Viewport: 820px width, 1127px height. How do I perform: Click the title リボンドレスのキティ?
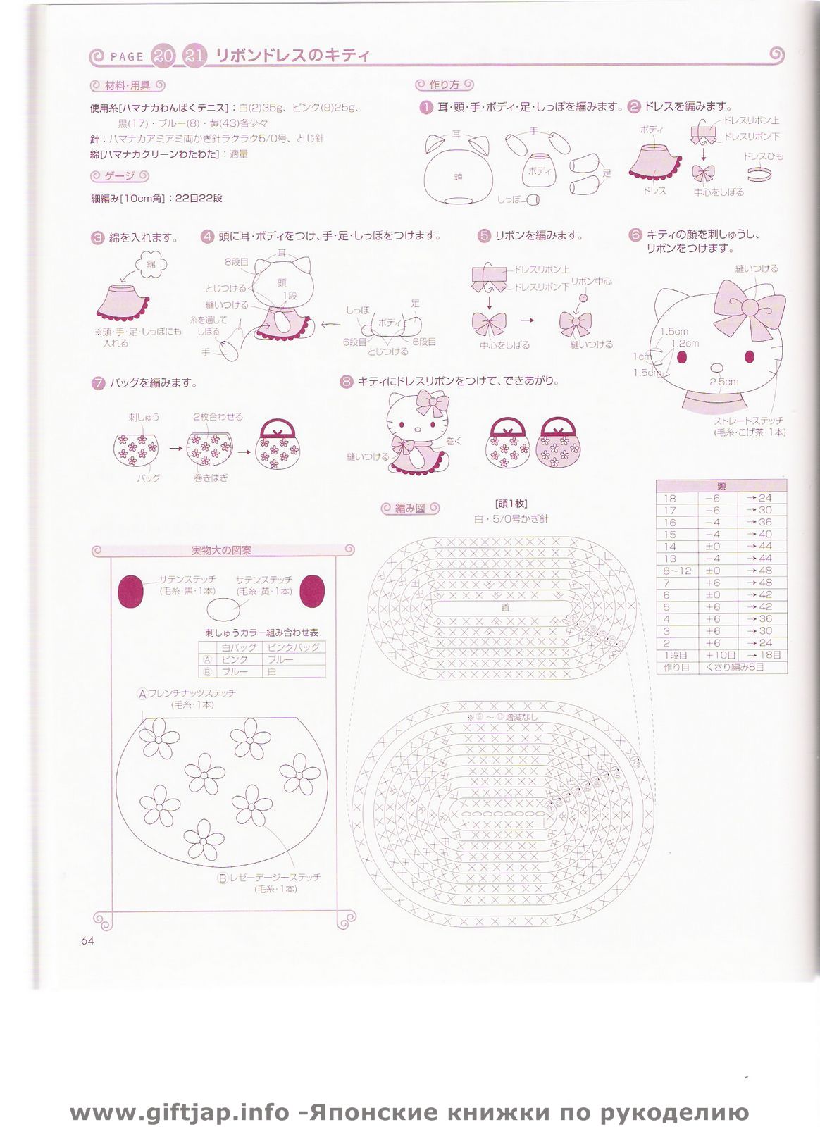click(x=292, y=56)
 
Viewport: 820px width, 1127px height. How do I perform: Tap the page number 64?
click(x=87, y=940)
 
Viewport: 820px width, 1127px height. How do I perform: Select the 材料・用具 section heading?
click(x=128, y=86)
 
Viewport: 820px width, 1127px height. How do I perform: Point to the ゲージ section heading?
click(x=120, y=175)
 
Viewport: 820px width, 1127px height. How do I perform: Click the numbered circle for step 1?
click(x=425, y=107)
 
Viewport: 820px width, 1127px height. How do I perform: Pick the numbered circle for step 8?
click(x=346, y=382)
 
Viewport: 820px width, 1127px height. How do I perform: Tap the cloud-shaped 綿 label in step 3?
click(x=151, y=265)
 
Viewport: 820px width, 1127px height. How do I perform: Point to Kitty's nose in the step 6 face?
click(x=716, y=368)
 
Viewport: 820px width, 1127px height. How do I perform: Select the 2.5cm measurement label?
click(x=723, y=382)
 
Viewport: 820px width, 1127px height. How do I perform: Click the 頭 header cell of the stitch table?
click(x=721, y=485)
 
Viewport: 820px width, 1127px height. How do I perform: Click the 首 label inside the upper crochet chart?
click(x=505, y=606)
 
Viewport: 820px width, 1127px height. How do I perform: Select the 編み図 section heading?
click(x=410, y=508)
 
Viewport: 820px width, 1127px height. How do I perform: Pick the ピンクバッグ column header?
click(x=293, y=647)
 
